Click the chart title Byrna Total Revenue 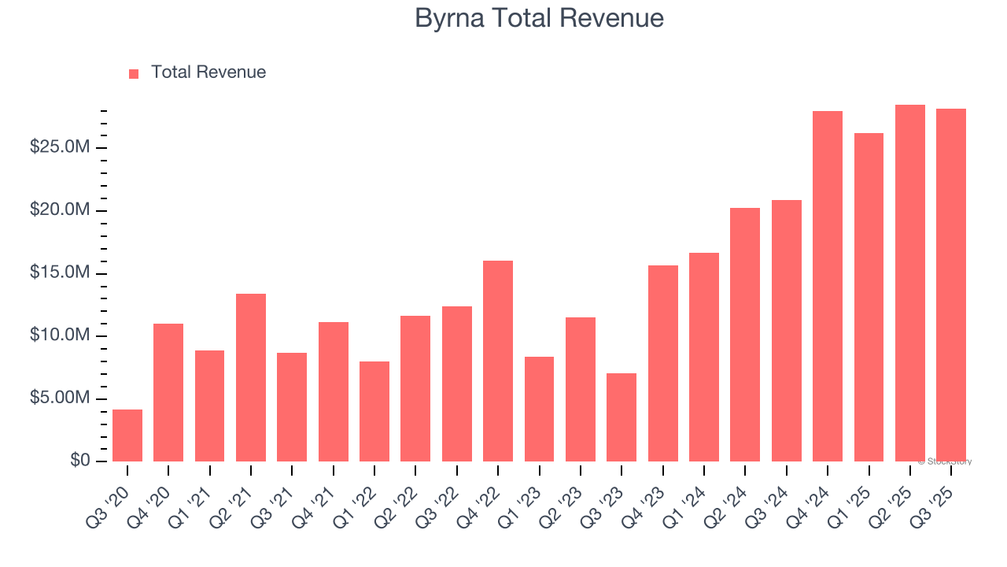pyautogui.click(x=539, y=18)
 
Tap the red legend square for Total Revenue pyautogui.click(x=134, y=73)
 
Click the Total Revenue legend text pyautogui.click(x=208, y=72)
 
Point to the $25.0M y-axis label pyautogui.click(x=61, y=147)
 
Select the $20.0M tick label pyautogui.click(x=61, y=210)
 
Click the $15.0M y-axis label pyautogui.click(x=61, y=273)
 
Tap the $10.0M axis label pyautogui.click(x=61, y=335)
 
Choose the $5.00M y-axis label pyautogui.click(x=61, y=398)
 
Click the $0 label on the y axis pyautogui.click(x=80, y=460)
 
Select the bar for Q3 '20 pyautogui.click(x=127, y=435)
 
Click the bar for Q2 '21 pyautogui.click(x=251, y=378)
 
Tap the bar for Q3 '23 pyautogui.click(x=622, y=417)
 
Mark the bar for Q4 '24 pyautogui.click(x=828, y=287)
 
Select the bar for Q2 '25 pyautogui.click(x=910, y=283)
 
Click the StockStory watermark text pyautogui.click(x=944, y=461)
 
